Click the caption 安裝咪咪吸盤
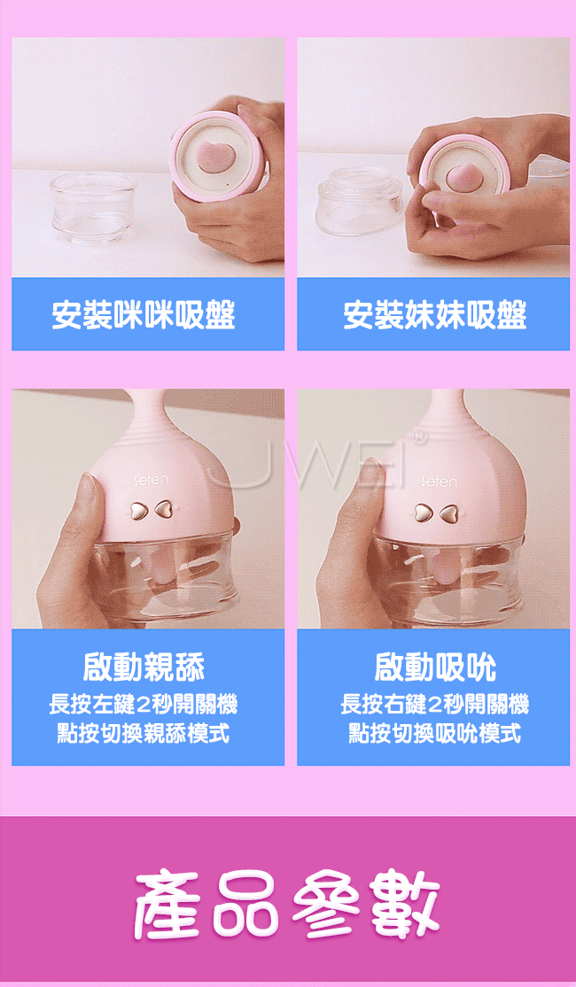144,315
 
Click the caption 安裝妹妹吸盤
435,315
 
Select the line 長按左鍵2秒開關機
144,704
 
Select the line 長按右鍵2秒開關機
435,704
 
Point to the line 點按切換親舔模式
144,733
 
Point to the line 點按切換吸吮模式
435,733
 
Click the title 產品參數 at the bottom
287,903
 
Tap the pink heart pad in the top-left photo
213,158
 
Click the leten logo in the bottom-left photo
152,481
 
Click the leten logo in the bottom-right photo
440,482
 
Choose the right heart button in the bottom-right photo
448,513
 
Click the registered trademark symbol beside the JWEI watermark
417,436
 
